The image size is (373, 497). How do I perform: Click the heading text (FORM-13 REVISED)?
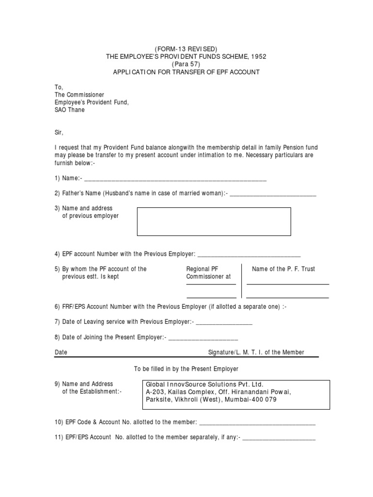tap(186, 49)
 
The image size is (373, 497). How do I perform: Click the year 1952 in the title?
tap(257, 56)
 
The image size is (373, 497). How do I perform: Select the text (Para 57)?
tap(186, 64)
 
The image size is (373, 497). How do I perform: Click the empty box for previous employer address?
tap(214, 221)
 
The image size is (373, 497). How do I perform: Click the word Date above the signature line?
tap(61, 352)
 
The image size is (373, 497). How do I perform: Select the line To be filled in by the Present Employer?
tap(186, 369)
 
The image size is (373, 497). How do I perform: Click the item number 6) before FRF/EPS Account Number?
tap(57, 307)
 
